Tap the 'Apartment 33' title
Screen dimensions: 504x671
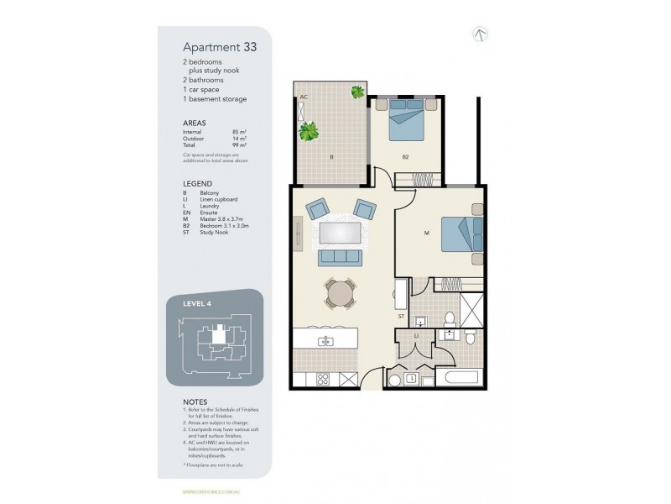click(220, 48)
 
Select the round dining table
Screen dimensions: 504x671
click(338, 293)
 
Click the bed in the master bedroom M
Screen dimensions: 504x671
click(460, 233)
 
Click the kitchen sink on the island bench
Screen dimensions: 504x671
click(325, 341)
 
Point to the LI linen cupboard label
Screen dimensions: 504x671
click(417, 336)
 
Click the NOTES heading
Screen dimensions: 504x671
click(195, 402)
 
